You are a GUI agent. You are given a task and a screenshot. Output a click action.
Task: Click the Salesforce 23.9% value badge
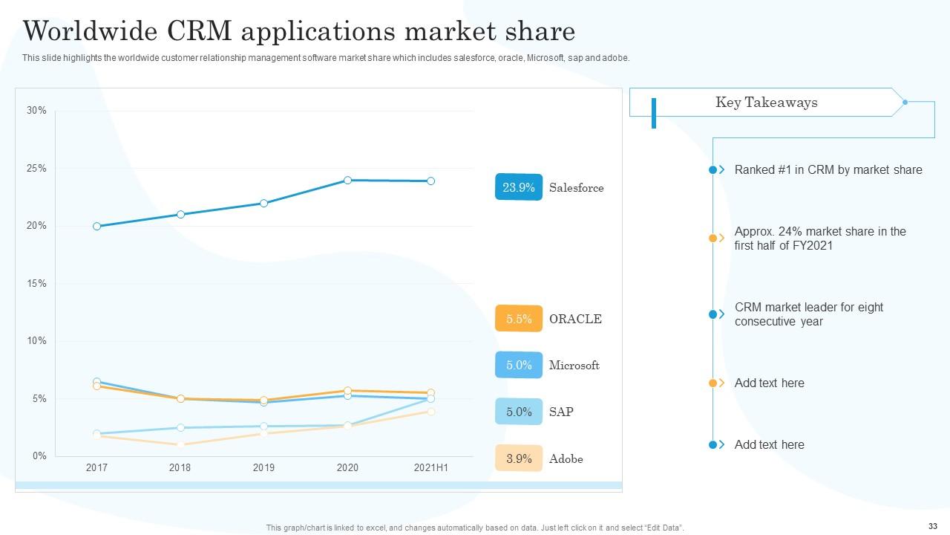(519, 187)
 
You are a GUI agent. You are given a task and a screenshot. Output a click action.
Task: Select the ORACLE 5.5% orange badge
(519, 319)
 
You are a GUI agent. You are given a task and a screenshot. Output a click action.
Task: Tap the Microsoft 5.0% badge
(519, 365)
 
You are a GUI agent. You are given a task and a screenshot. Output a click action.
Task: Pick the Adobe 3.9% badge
(519, 458)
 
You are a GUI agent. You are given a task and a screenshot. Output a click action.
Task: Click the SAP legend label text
(561, 412)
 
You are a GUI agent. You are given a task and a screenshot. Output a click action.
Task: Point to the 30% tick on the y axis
(36, 111)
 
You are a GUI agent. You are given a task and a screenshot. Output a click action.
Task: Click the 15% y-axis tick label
(36, 284)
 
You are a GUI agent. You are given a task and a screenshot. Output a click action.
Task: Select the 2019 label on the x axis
(263, 468)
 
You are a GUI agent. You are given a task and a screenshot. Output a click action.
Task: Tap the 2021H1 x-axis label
(430, 468)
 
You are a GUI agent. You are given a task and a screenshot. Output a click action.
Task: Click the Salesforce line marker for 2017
(97, 226)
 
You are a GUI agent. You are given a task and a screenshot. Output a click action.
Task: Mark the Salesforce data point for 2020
(347, 180)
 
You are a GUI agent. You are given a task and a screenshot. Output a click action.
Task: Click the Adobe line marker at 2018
(180, 444)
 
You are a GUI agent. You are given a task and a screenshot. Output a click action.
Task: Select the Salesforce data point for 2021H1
(430, 181)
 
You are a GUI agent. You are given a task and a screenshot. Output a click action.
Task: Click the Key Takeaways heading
(766, 103)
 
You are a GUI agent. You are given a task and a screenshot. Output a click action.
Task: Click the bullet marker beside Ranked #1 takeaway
(713, 170)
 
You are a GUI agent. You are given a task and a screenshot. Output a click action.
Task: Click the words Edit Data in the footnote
(664, 528)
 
